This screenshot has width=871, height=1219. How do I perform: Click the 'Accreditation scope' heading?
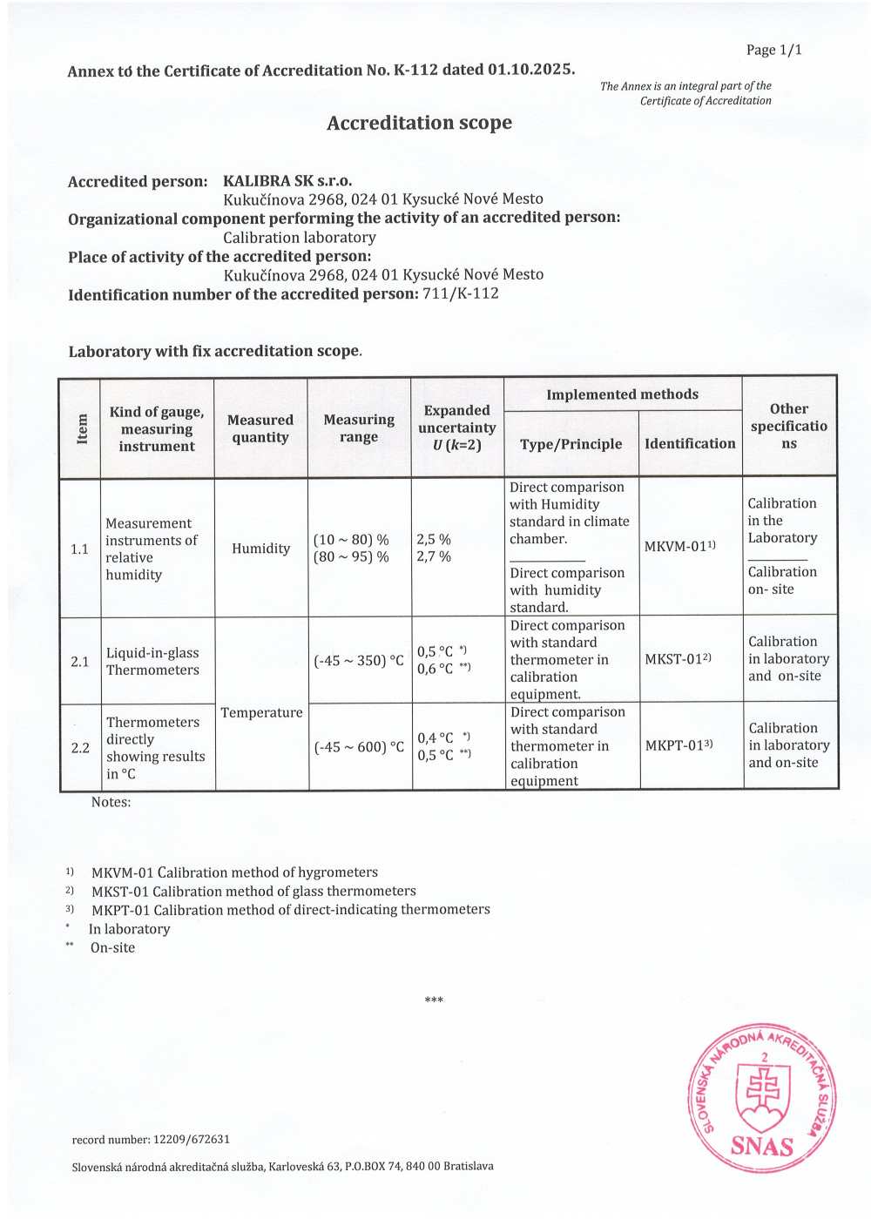pos(419,124)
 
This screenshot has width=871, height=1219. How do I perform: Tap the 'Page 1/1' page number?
pos(773,51)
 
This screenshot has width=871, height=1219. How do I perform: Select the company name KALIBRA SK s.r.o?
pos(287,181)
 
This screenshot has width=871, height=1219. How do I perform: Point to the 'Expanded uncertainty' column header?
pos(456,428)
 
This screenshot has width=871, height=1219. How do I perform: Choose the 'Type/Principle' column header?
pos(571,444)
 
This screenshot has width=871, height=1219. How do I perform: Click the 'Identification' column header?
pos(690,444)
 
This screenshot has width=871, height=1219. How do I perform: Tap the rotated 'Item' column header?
pos(82,428)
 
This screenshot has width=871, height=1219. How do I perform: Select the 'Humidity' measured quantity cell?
pos(260,549)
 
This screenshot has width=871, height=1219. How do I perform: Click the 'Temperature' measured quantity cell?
pos(261,713)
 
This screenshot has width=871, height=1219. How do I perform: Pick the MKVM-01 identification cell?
pos(679,547)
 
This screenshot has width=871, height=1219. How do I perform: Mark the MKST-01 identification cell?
pos(678,659)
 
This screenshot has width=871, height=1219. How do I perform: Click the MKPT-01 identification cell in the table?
pos(679,745)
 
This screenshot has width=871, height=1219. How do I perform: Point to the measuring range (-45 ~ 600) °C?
pos(359,747)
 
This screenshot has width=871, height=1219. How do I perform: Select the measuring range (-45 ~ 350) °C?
pos(359,661)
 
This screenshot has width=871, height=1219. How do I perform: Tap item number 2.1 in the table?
pos(80,662)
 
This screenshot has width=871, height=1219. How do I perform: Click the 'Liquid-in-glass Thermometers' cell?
pos(152,662)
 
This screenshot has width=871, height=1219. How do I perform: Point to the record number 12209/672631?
pos(192,1139)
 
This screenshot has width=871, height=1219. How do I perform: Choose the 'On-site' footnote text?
pos(112,948)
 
